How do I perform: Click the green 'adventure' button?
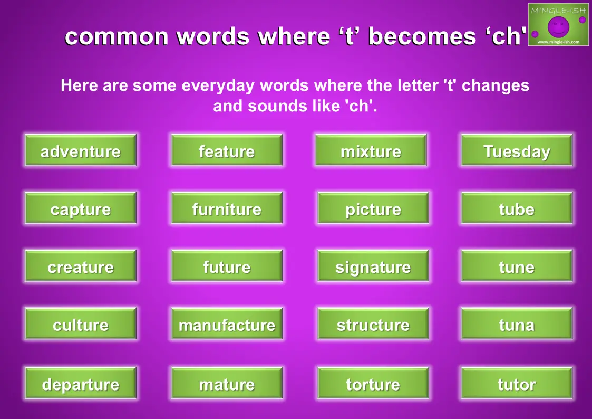81,150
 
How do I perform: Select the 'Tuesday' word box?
517,150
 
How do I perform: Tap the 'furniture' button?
227,208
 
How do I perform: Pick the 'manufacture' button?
227,323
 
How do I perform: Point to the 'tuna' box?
517,323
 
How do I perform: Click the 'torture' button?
373,383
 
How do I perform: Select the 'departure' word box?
81,383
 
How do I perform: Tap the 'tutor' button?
517,383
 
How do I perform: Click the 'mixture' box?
371,150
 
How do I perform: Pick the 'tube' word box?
517,208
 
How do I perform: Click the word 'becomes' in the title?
422,36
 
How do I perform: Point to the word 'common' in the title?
117,37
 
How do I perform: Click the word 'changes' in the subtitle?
496,86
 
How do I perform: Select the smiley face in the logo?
558,27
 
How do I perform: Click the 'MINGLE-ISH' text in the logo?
558,11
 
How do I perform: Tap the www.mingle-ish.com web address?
558,42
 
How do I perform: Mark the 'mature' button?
227,383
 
